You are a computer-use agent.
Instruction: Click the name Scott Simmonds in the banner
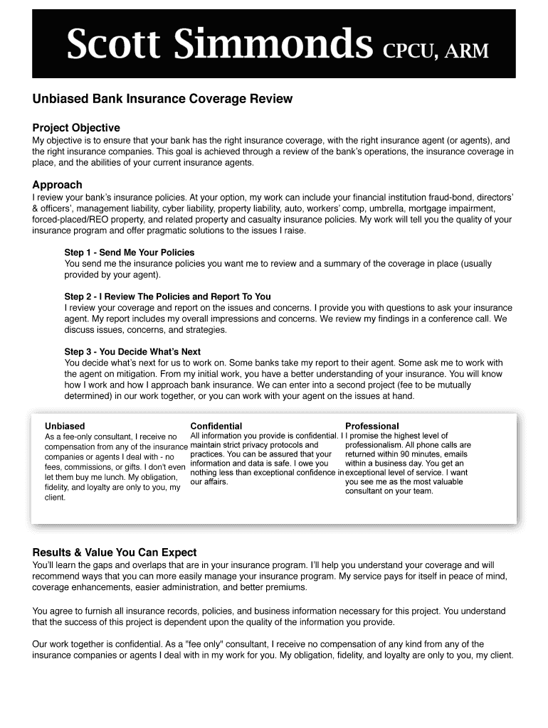point(219,45)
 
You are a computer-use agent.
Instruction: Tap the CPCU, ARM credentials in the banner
point(436,51)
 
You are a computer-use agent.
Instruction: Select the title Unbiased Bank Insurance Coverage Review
point(162,99)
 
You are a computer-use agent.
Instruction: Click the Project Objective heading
point(76,128)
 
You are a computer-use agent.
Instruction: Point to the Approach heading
point(58,185)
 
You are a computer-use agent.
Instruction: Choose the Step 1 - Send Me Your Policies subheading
point(129,252)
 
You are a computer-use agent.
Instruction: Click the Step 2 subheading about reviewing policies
point(167,296)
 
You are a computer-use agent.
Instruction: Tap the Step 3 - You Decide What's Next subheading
point(132,352)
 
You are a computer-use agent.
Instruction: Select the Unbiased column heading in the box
point(65,426)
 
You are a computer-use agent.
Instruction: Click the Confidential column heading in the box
point(216,426)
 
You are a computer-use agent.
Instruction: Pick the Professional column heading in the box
point(372,426)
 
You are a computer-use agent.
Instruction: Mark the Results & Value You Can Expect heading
point(115,552)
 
